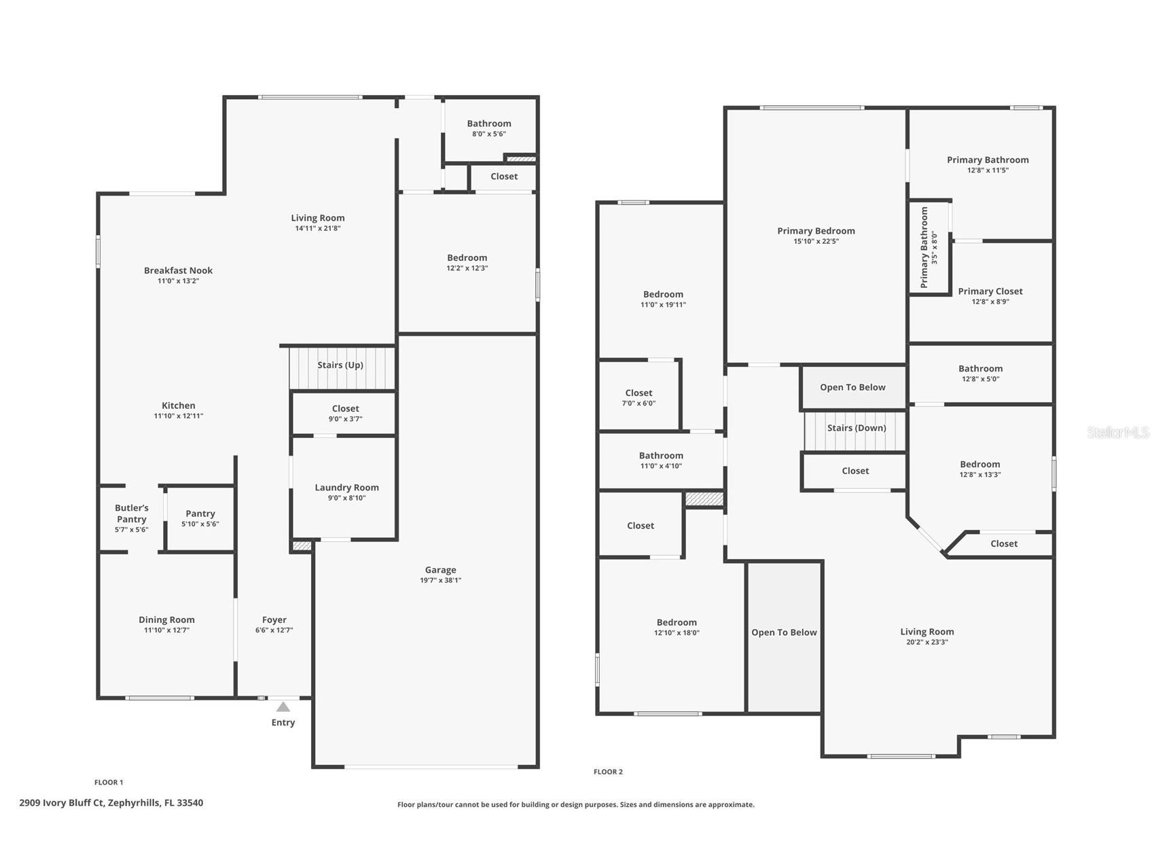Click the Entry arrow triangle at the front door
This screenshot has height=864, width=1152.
[x=283, y=707]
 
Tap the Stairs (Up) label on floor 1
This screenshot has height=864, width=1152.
[x=340, y=365]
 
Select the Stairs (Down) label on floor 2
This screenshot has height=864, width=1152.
[x=856, y=428]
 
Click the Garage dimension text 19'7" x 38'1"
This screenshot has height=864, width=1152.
[x=440, y=580]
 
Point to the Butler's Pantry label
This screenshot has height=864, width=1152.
[x=131, y=514]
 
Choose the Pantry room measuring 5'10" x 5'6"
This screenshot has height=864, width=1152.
[x=200, y=518]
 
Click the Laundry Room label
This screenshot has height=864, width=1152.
[x=346, y=488]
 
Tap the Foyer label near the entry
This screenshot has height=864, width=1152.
[x=274, y=619]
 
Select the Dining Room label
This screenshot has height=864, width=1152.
[x=166, y=619]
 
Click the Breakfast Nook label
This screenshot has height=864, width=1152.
[x=178, y=270]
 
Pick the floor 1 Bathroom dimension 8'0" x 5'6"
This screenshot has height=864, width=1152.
[x=488, y=134]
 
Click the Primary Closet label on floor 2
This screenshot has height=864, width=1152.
[x=990, y=291]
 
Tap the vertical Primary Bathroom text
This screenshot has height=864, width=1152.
[x=924, y=247]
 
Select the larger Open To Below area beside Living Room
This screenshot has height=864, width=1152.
[x=784, y=632]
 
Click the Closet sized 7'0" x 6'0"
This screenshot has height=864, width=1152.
[x=638, y=397]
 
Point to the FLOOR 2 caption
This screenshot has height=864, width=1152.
[x=608, y=772]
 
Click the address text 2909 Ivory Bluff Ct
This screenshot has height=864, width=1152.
[x=111, y=803]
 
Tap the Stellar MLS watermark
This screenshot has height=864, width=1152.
[x=1117, y=432]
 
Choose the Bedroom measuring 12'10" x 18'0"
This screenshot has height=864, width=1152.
[x=677, y=627]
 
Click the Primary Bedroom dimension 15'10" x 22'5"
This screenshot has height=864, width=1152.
[x=816, y=241]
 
